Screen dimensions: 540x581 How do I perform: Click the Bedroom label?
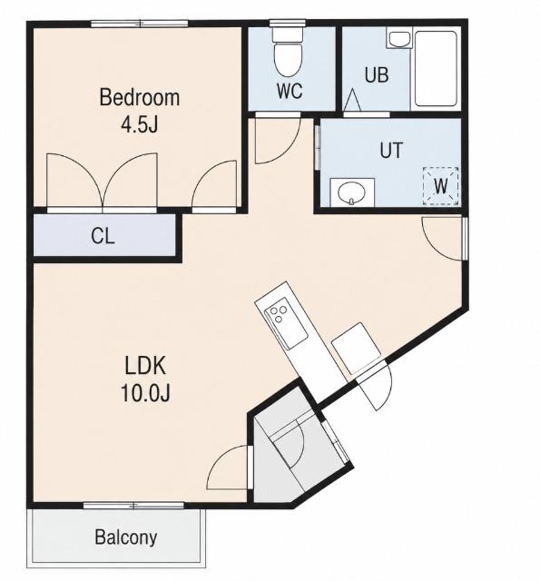coord(139,97)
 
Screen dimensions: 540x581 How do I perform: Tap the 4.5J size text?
coord(139,124)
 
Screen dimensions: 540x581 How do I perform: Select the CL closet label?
coord(103,236)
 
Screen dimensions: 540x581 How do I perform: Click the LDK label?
coord(145,365)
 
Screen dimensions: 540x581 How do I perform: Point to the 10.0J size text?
coord(145,393)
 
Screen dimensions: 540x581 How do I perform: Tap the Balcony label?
coord(126,537)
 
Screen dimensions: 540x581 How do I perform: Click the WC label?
coord(290,91)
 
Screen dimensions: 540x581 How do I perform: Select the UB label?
coord(377,74)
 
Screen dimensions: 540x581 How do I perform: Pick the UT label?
coord(391,150)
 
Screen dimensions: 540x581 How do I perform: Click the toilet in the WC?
coord(288,52)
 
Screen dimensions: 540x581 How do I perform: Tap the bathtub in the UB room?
coord(436,69)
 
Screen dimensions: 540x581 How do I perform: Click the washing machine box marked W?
coord(441,185)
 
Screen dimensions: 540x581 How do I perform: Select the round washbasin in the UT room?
coord(352,193)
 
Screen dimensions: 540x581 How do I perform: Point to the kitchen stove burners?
coord(279,313)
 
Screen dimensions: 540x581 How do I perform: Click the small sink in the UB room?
coord(399,39)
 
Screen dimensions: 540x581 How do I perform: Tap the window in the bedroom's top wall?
coord(140,24)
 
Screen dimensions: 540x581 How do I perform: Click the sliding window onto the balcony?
coord(133,506)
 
